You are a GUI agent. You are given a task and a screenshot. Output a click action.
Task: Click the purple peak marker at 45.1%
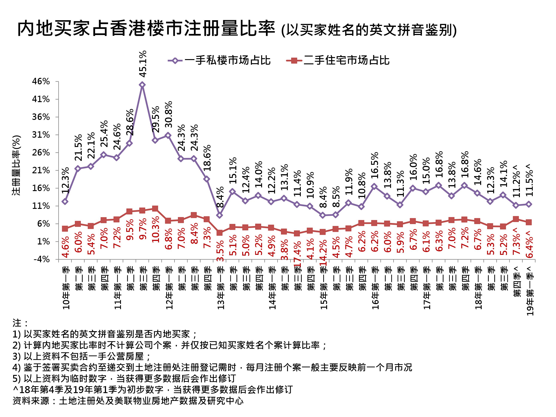point(142,85)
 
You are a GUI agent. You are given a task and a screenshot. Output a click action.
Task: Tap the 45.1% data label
point(143,64)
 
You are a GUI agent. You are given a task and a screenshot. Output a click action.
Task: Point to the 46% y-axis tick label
point(41,81)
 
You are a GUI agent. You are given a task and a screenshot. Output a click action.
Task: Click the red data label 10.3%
point(156,229)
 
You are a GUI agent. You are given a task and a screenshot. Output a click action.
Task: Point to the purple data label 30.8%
point(169,114)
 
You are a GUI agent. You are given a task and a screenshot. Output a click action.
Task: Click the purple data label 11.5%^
point(529,180)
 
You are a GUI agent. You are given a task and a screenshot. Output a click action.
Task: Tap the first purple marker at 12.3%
point(65,201)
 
